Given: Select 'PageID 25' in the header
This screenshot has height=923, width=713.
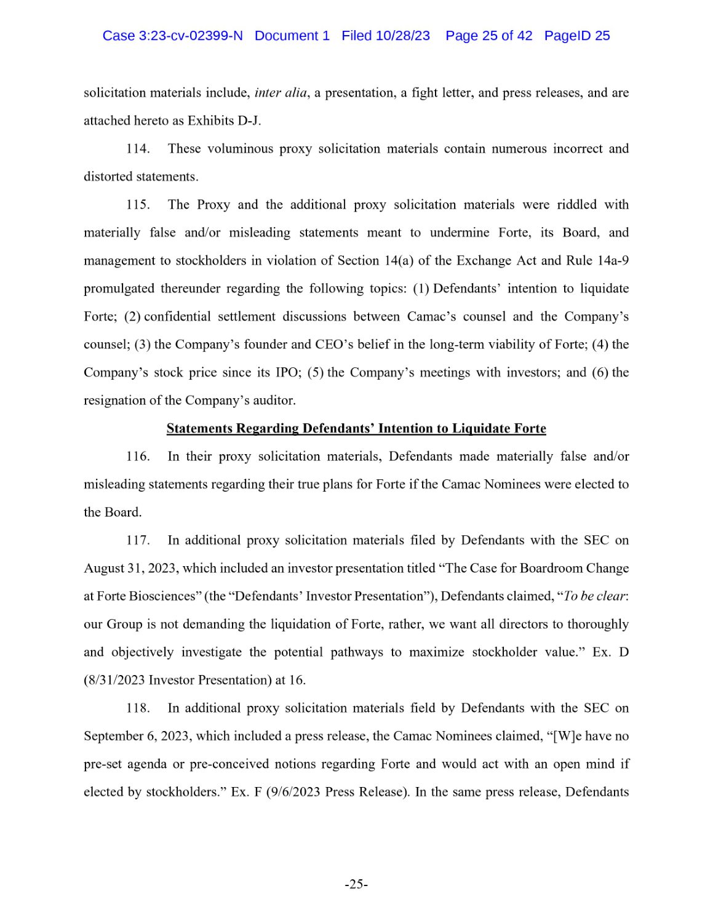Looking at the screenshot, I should point(577,36).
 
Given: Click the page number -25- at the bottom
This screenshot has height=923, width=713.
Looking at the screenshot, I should point(356,884).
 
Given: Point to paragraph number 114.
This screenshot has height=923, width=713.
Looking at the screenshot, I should point(138,149).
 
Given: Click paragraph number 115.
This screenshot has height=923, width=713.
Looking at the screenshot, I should point(138,205).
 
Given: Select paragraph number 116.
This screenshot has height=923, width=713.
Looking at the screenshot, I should point(138,457).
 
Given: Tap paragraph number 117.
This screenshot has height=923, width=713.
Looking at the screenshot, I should point(138,540).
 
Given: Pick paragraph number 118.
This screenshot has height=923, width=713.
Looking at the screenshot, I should point(138,708).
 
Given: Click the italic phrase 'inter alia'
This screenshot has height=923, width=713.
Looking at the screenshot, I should point(281,93).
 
